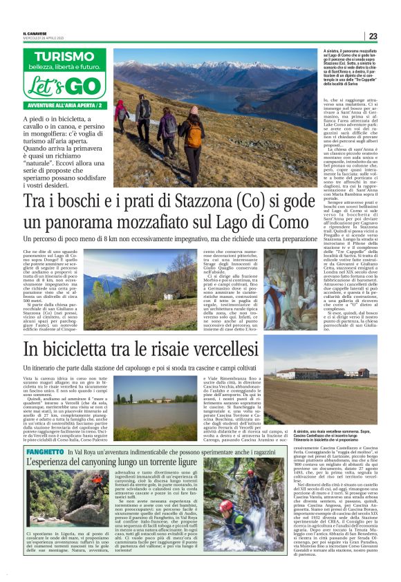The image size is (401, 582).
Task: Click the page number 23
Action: click(x=373, y=36)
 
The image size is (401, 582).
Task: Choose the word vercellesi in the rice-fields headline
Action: click(x=219, y=348)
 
